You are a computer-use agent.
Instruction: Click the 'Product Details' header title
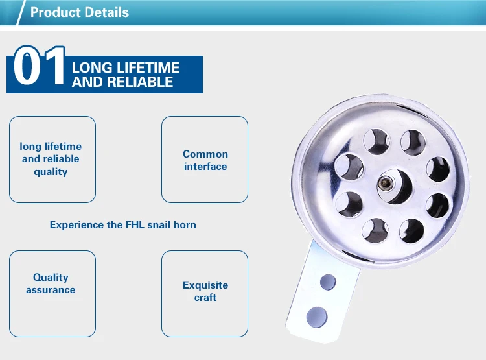point(79,12)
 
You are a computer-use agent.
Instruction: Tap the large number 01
point(39,67)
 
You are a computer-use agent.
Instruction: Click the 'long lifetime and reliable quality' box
point(52,159)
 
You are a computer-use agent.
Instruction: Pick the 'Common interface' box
point(205,160)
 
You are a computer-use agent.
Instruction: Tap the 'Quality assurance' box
point(52,283)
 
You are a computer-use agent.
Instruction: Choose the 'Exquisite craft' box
point(205,291)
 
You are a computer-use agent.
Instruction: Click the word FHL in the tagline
point(134,225)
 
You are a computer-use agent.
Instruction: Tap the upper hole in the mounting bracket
point(329,282)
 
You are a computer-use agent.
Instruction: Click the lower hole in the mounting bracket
point(317,317)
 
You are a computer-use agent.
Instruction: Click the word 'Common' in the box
point(205,154)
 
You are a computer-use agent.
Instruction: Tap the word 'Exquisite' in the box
point(205,285)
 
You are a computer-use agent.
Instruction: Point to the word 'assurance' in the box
point(51,290)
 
